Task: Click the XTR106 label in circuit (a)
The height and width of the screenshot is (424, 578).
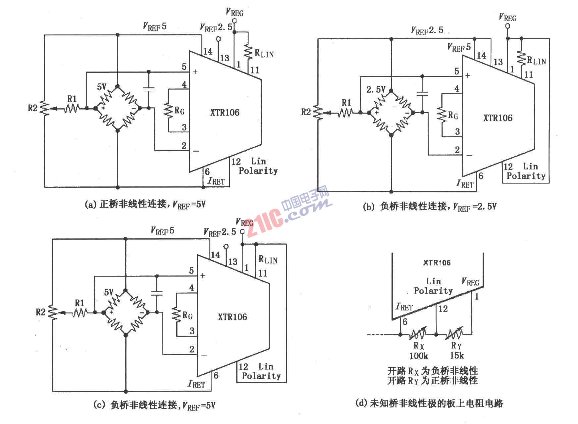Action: [x=225, y=113]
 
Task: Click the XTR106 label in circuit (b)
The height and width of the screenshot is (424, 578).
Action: [x=498, y=118]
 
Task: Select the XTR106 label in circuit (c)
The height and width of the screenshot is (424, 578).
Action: [x=232, y=317]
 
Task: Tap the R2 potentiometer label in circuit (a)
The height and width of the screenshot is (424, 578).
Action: [x=32, y=108]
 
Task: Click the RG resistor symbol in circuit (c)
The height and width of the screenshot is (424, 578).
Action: [x=176, y=314]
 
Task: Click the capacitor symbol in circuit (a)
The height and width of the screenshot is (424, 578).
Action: [x=148, y=89]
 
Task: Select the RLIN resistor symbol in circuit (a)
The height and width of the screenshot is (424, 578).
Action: [x=248, y=51]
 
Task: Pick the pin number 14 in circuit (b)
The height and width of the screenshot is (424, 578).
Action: [x=481, y=56]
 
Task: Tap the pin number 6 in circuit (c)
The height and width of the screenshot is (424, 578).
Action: [x=216, y=375]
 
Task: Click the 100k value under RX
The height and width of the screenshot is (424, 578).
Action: [x=419, y=356]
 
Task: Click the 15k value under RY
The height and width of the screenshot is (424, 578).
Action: [x=457, y=356]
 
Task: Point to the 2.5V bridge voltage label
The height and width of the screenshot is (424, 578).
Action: [x=376, y=90]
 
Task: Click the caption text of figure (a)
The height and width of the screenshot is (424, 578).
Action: [x=145, y=204]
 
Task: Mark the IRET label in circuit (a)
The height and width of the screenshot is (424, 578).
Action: [x=216, y=181]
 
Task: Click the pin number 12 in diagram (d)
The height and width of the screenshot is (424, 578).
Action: [x=443, y=309]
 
